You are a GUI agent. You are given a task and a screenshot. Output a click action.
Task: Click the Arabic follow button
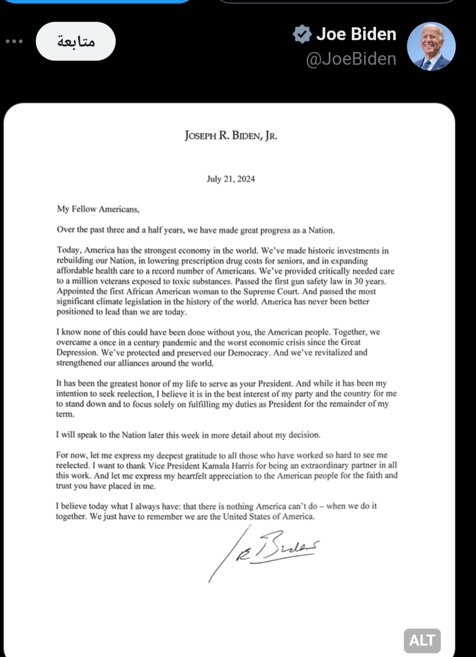pos(76,42)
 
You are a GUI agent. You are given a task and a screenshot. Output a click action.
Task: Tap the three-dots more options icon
pos(14,42)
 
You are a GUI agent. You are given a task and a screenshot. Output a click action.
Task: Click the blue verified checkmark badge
pos(302,34)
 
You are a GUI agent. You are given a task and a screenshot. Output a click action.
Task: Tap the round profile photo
pos(431,46)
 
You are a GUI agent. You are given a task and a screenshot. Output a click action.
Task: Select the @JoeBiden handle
pos(351,59)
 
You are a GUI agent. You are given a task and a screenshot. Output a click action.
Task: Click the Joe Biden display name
pos(356,34)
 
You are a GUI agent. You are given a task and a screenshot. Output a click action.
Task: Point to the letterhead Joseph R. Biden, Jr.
pos(231,136)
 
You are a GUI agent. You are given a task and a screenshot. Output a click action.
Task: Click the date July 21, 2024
pos(231,179)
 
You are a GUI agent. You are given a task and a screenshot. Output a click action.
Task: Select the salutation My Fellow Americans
pos(98,209)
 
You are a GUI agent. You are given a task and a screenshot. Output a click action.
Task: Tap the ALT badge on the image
pos(422,640)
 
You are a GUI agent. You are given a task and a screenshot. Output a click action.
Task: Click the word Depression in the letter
pos(77,353)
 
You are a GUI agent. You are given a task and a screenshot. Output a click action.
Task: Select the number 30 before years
pos(359,281)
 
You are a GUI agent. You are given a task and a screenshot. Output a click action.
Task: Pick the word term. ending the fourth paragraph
pos(65,414)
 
